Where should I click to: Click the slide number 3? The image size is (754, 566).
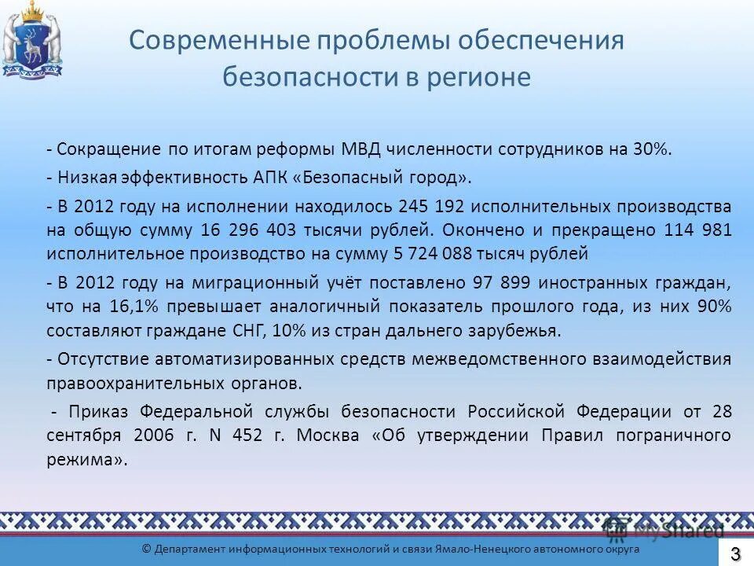736,553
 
